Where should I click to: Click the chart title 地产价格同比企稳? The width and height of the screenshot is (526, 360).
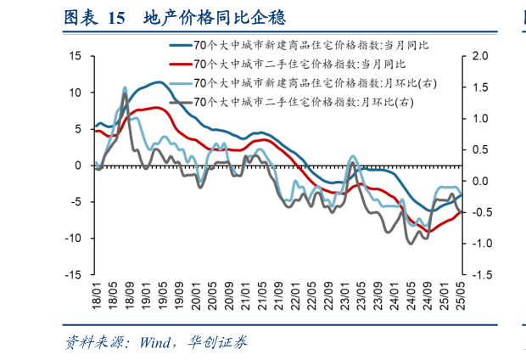click(204, 17)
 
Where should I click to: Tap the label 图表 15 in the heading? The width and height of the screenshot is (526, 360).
click(94, 17)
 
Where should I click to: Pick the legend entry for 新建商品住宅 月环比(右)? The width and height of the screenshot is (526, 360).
click(315, 82)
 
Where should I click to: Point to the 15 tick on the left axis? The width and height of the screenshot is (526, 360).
click(75, 56)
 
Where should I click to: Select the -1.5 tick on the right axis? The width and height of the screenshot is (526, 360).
click(480, 275)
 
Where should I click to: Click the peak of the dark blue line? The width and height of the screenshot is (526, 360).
click(159, 82)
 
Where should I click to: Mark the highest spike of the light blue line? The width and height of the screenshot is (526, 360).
click(126, 87)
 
